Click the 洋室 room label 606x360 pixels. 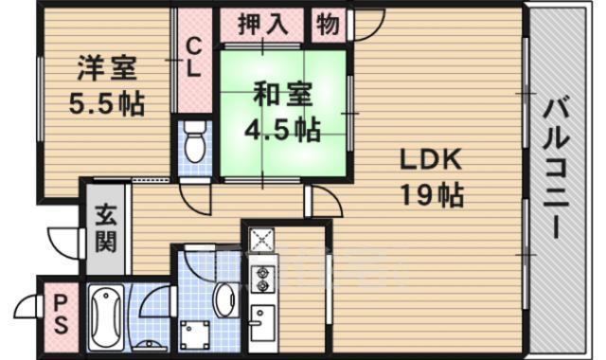106,70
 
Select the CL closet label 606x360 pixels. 193,58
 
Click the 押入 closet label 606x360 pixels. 262,23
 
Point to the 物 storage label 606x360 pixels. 328,23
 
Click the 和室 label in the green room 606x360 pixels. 280,94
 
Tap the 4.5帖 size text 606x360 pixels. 280,128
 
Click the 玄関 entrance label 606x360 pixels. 104,229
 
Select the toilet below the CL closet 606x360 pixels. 195,143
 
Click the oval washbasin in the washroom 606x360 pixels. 223,301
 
